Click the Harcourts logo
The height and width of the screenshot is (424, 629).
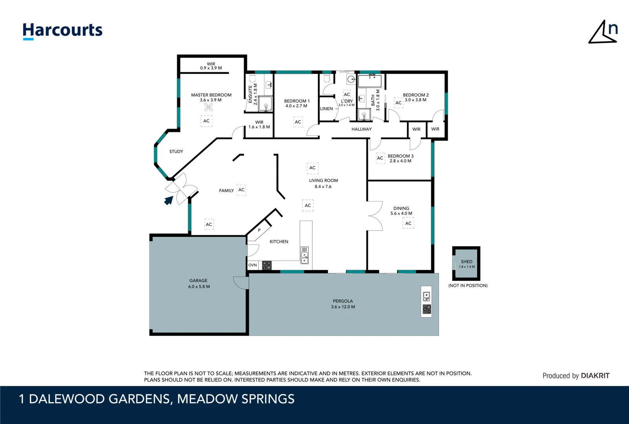click(62, 31)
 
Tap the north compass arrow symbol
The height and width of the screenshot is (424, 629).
click(603, 33)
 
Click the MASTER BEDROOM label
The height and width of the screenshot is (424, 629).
click(211, 95)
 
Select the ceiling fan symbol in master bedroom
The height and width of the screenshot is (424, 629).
click(209, 107)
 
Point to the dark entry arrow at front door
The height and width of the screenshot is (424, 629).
click(169, 200)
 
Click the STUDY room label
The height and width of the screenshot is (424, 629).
click(176, 152)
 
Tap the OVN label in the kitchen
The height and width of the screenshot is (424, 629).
click(253, 265)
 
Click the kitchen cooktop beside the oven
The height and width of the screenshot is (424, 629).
click(267, 265)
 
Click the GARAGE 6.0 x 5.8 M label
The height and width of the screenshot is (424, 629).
click(199, 283)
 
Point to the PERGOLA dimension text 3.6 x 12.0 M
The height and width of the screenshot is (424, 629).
click(343, 307)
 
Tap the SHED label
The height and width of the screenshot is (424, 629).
click(467, 261)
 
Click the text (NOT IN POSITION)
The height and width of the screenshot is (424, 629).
click(468, 286)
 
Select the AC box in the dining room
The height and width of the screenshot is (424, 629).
click(408, 223)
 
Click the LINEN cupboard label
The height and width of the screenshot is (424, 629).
click(326, 109)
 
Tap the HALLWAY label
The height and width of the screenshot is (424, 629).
click(361, 129)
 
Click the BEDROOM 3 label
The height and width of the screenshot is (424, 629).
click(401, 156)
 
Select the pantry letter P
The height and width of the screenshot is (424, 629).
click(259, 230)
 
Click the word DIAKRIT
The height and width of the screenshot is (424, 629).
click(595, 376)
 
